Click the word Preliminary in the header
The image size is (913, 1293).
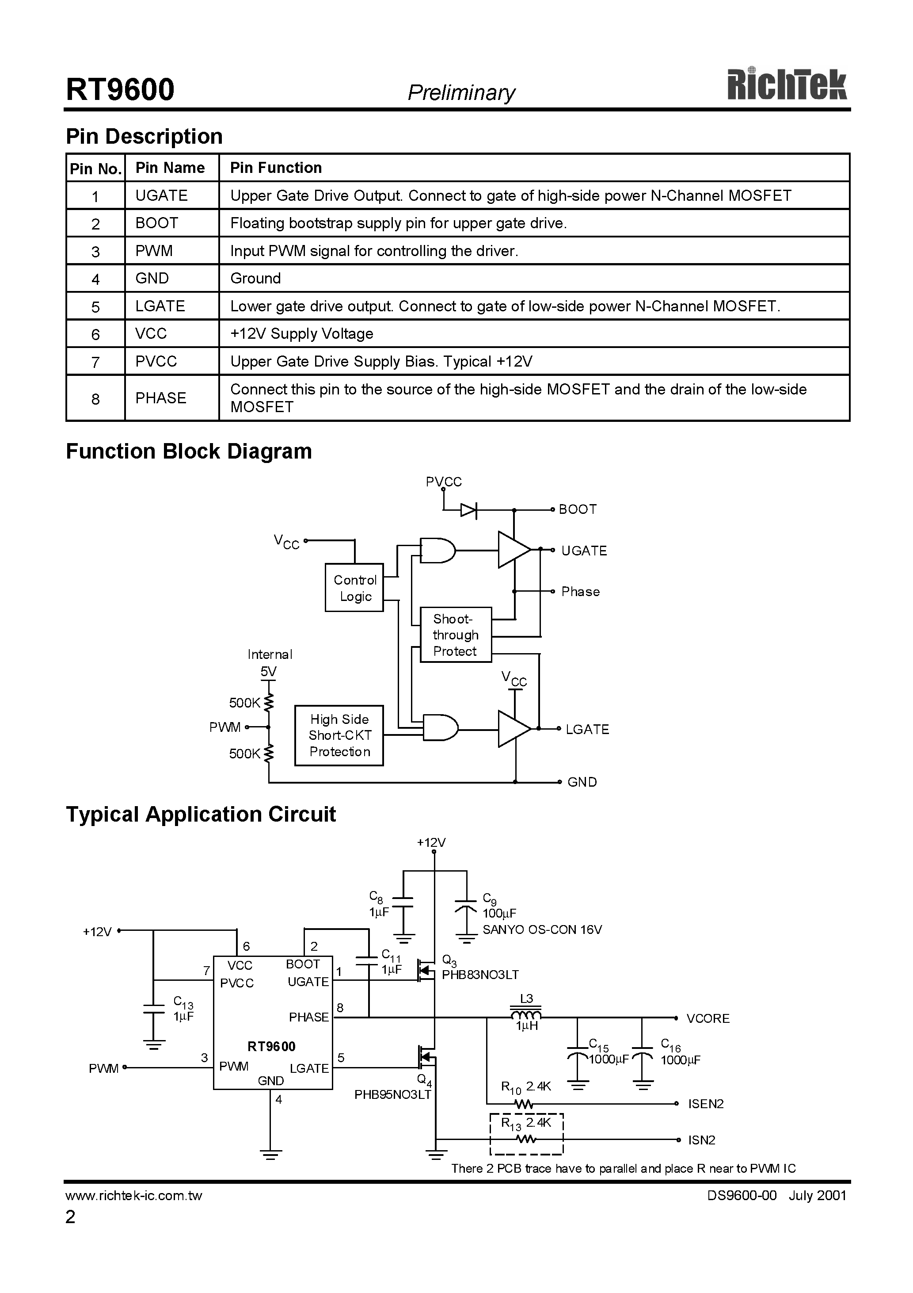461,92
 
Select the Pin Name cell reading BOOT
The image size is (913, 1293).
156,223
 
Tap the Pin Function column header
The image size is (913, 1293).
276,168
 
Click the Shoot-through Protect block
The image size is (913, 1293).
455,635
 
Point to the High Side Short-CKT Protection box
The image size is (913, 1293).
339,735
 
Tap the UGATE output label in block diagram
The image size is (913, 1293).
584,551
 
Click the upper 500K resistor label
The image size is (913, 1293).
244,703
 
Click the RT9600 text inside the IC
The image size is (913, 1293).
271,1046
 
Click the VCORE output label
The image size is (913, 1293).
708,1018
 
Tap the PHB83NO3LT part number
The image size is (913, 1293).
480,975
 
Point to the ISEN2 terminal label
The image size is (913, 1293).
705,1104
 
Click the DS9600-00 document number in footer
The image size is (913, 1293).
742,1196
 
